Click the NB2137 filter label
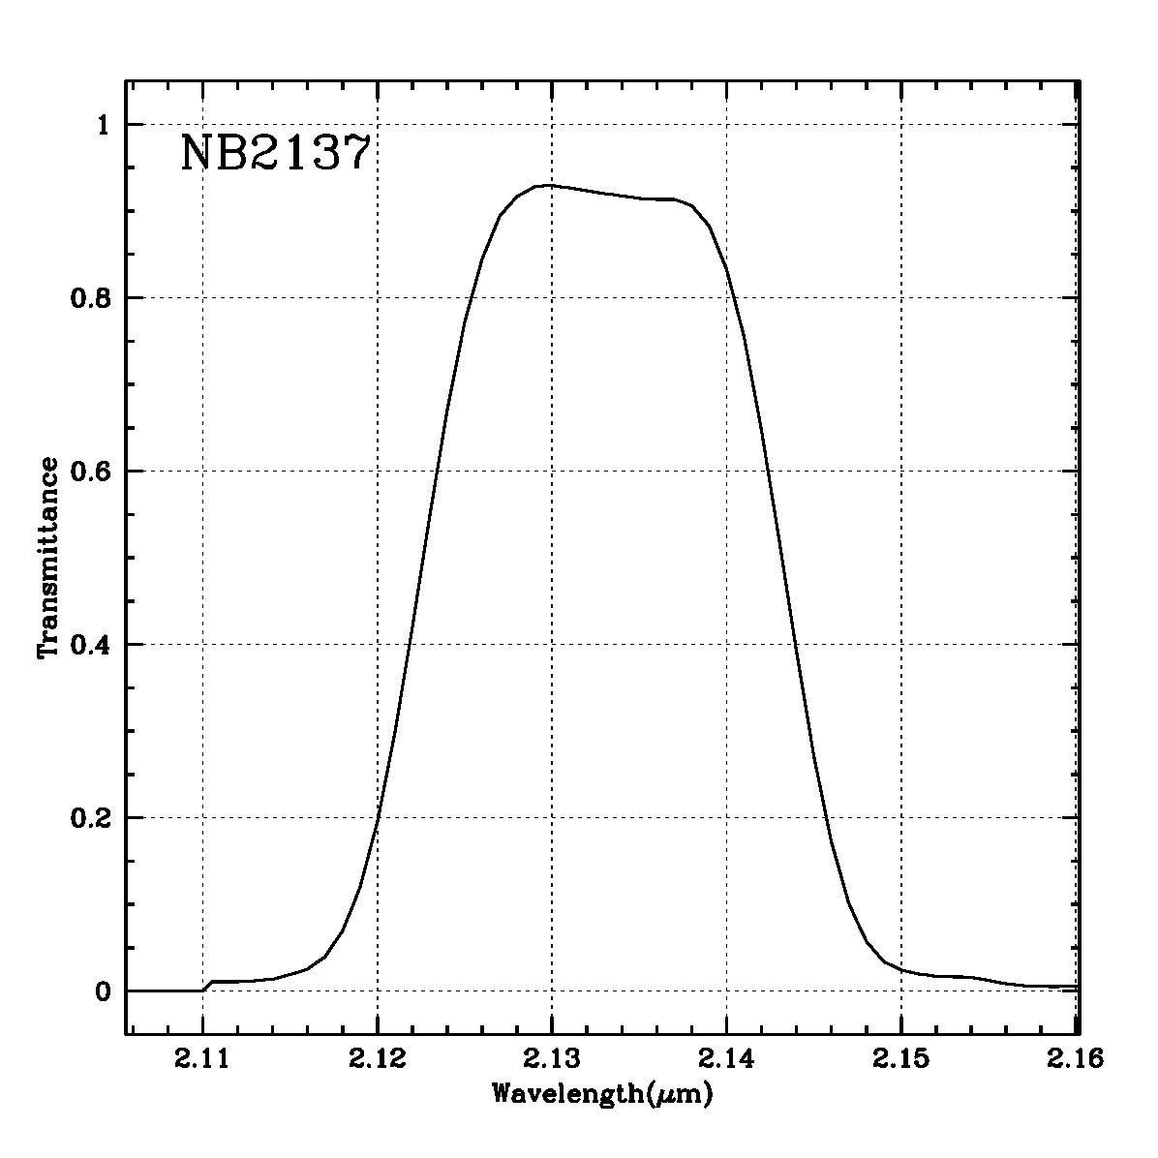[276, 154]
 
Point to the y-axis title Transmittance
[48, 558]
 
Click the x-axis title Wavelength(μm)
[603, 1095]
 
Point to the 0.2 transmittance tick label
[92, 818]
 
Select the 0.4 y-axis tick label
[92, 645]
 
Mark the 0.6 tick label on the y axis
[92, 472]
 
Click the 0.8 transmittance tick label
[92, 298]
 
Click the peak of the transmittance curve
[548, 185]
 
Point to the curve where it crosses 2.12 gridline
[378, 817]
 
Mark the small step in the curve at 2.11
[208, 985]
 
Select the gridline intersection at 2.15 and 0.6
[901, 472]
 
